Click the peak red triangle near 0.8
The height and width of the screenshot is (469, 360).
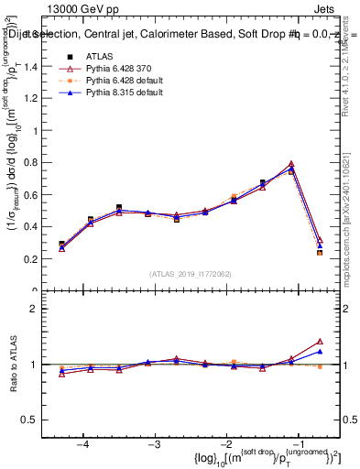coord(291,164)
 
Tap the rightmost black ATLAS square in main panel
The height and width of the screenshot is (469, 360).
coord(320,253)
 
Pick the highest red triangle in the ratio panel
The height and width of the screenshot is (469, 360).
coord(320,341)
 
